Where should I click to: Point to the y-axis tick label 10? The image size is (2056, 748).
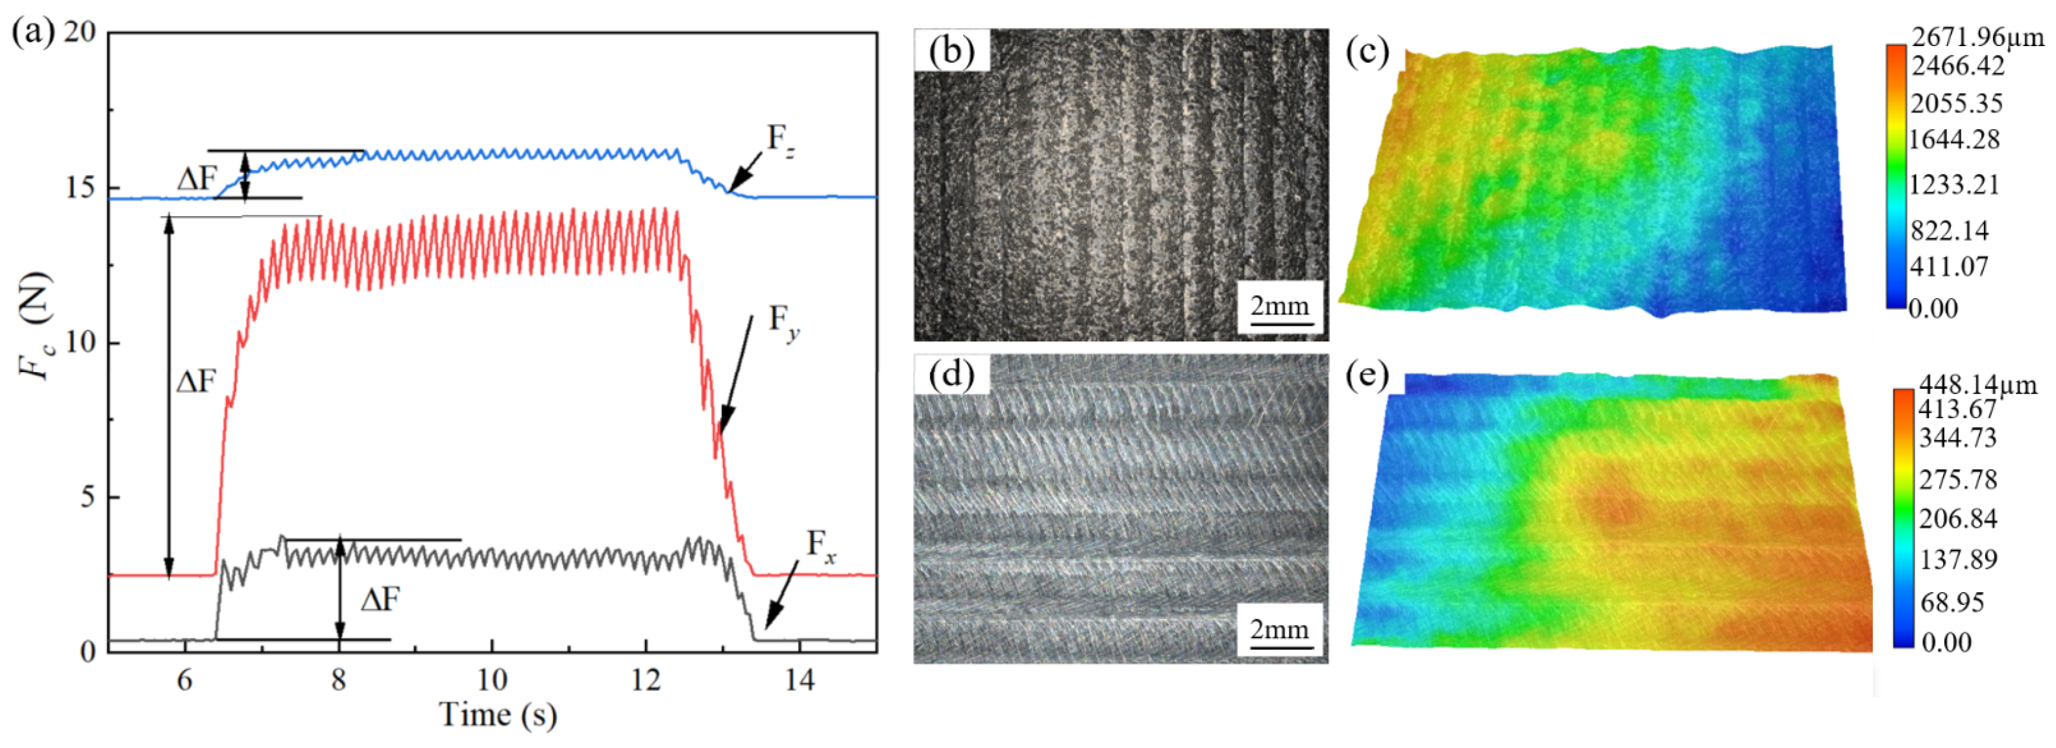tap(80, 343)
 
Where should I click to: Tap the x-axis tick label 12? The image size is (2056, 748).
tap(646, 679)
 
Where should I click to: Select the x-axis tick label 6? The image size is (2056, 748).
tap(184, 679)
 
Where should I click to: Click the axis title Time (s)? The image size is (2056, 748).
tap(497, 714)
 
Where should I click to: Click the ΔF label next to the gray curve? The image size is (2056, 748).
tap(380, 599)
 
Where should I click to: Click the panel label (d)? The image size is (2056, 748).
tap(951, 375)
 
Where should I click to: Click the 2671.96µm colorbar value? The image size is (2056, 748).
tap(1977, 37)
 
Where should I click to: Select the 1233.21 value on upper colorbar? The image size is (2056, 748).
tap(1955, 184)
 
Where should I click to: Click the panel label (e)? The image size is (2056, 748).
tap(1367, 376)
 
